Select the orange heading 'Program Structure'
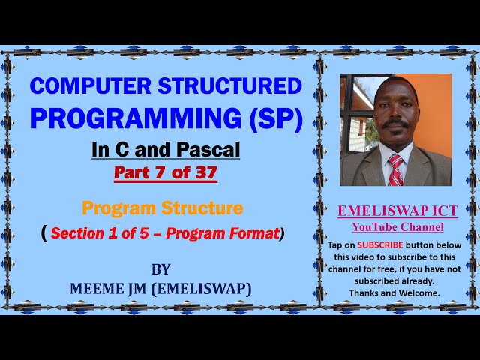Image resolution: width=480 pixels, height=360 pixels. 163,208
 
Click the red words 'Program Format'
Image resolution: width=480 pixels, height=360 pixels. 223,233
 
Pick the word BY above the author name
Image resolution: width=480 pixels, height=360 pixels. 160,269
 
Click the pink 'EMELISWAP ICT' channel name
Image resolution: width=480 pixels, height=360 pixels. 397,212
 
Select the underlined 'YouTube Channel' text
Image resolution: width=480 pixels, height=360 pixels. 397,227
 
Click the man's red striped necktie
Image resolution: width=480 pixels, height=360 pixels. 395,169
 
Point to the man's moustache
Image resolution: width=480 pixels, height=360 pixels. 395,119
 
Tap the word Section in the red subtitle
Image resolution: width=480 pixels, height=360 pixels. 81,233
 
